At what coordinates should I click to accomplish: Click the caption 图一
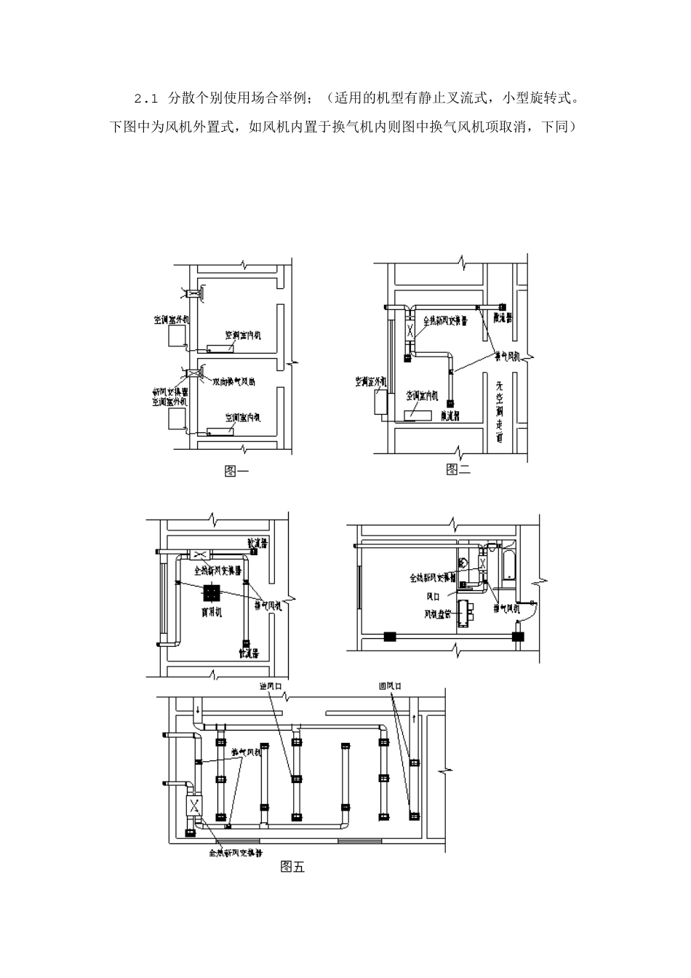pyautogui.click(x=236, y=471)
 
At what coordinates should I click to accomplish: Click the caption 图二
pyautogui.click(x=458, y=469)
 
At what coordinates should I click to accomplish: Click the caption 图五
pyautogui.click(x=292, y=867)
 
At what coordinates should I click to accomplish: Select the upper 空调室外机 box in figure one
pyautogui.click(x=176, y=335)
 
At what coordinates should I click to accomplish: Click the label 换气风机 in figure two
pyautogui.click(x=507, y=356)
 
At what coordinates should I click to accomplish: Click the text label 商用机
pyautogui.click(x=211, y=612)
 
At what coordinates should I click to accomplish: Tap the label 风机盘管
pyautogui.click(x=439, y=614)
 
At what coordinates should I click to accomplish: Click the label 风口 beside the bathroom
pyautogui.click(x=435, y=595)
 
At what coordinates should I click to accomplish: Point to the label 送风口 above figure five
pyautogui.click(x=270, y=685)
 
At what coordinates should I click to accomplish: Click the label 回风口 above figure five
pyautogui.click(x=390, y=685)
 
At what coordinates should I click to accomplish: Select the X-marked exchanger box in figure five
pyautogui.click(x=195, y=806)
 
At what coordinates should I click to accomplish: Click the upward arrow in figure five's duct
pyautogui.click(x=415, y=717)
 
